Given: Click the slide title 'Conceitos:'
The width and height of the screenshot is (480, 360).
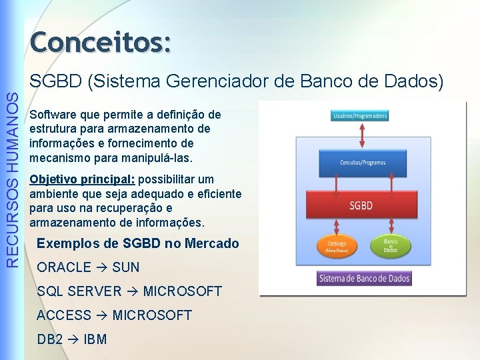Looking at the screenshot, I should (x=101, y=41).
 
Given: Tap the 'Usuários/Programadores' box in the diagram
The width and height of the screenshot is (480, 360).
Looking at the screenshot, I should (x=359, y=116).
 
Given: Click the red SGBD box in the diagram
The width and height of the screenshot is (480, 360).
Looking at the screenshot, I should (x=361, y=205).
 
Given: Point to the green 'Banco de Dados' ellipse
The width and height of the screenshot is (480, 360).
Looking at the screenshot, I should (x=390, y=245).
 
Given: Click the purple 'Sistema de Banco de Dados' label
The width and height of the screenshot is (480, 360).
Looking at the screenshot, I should (x=364, y=277).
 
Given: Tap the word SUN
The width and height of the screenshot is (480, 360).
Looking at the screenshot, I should (x=126, y=267).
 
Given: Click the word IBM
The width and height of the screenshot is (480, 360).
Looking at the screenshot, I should (x=95, y=339).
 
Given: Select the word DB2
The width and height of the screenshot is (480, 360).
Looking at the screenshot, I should (x=50, y=339).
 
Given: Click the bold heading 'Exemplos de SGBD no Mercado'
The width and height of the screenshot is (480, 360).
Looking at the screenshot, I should (x=137, y=243).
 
